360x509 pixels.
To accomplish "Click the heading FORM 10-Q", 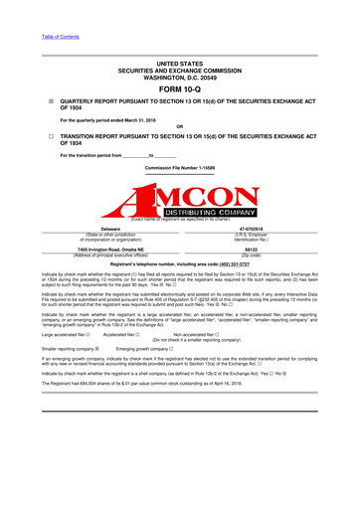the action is pyautogui.click(x=179, y=87).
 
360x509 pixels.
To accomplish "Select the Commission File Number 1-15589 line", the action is pyautogui.click(x=179, y=168).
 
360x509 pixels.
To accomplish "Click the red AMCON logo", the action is pyautogui.click(x=179, y=190).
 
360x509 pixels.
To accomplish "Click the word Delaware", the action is pyautogui.click(x=90, y=228).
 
